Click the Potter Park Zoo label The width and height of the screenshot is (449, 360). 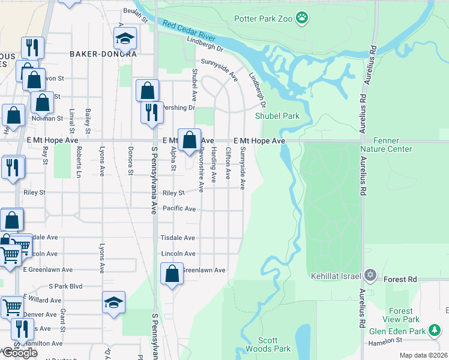(263, 19)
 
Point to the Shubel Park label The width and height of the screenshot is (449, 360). (277, 116)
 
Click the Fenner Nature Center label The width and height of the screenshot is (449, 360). (386, 145)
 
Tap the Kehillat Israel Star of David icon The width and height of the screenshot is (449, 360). (370, 275)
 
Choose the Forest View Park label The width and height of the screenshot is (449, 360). (400, 316)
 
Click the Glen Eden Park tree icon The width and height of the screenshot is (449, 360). (435, 331)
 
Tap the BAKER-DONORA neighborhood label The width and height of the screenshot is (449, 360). (103, 54)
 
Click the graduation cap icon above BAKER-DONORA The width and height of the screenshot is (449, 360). (125, 40)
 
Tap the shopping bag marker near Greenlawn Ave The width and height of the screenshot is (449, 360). (172, 274)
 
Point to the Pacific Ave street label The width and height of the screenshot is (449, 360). (178, 209)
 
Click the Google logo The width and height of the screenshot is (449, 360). (20, 353)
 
